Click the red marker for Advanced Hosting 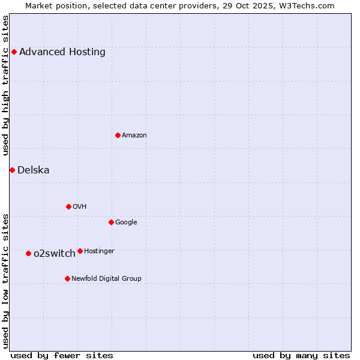point(14,52)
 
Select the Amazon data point point(118,135)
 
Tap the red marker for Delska point(12,170)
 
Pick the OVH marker point(68,206)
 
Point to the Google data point point(111,222)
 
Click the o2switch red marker point(28,253)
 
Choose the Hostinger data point point(80,251)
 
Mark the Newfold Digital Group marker point(67,278)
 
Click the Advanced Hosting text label point(62,52)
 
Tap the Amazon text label point(134,135)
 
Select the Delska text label point(34,170)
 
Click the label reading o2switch point(55,253)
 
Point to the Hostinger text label point(100,251)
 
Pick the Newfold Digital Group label point(107,278)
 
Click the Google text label point(126,222)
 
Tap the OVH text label point(80,206)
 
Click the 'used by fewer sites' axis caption point(62,355)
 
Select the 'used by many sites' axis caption point(301,355)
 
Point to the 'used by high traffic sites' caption point(5,85)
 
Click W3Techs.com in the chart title point(305,5)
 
